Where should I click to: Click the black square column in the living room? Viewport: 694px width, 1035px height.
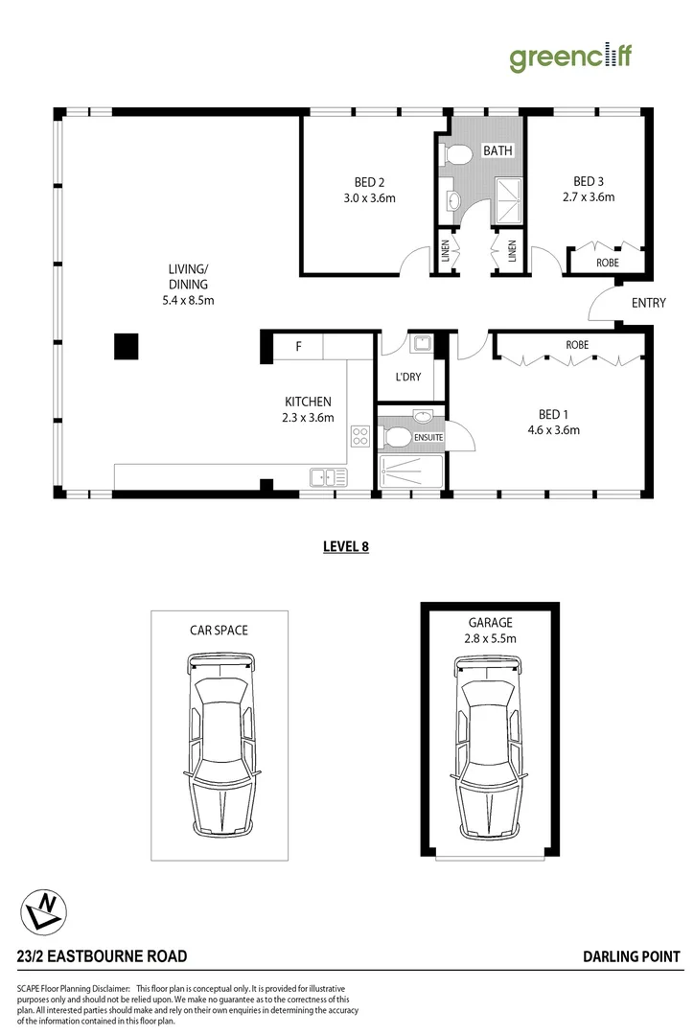tap(127, 346)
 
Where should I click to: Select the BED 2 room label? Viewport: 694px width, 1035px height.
tap(369, 182)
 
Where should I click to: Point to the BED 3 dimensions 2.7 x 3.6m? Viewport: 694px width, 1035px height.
tap(588, 197)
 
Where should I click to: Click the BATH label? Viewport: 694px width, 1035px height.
tap(497, 150)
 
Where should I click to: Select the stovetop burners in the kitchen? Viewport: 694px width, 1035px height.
tap(360, 437)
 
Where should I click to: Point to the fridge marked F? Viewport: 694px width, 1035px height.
tap(298, 346)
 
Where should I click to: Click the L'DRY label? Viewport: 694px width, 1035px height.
tap(408, 377)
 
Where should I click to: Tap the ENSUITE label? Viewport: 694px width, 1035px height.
tap(428, 438)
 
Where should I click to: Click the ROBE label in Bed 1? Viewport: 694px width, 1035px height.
tap(576, 344)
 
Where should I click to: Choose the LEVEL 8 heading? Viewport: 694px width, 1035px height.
tap(346, 547)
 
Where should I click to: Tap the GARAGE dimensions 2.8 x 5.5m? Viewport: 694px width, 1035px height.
tap(490, 638)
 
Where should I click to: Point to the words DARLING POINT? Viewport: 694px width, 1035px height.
tap(631, 956)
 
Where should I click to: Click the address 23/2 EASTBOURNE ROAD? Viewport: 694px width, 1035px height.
tap(102, 956)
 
